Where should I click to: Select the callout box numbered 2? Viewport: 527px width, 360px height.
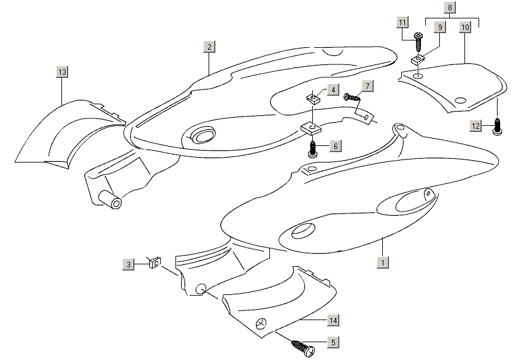[209, 47]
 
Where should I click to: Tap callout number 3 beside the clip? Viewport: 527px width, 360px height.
[128, 264]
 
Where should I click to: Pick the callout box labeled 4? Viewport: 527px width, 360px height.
[332, 90]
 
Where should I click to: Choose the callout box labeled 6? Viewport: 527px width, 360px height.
[335, 146]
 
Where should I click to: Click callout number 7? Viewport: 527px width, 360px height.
[366, 85]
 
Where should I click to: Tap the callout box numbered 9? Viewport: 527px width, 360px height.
[439, 28]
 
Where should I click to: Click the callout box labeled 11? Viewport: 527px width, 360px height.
[402, 23]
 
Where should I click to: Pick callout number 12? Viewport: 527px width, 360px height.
[477, 126]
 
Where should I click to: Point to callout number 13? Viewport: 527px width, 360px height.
[62, 72]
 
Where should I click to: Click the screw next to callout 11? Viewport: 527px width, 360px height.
[418, 42]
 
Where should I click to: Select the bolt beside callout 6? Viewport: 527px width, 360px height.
[313, 149]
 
